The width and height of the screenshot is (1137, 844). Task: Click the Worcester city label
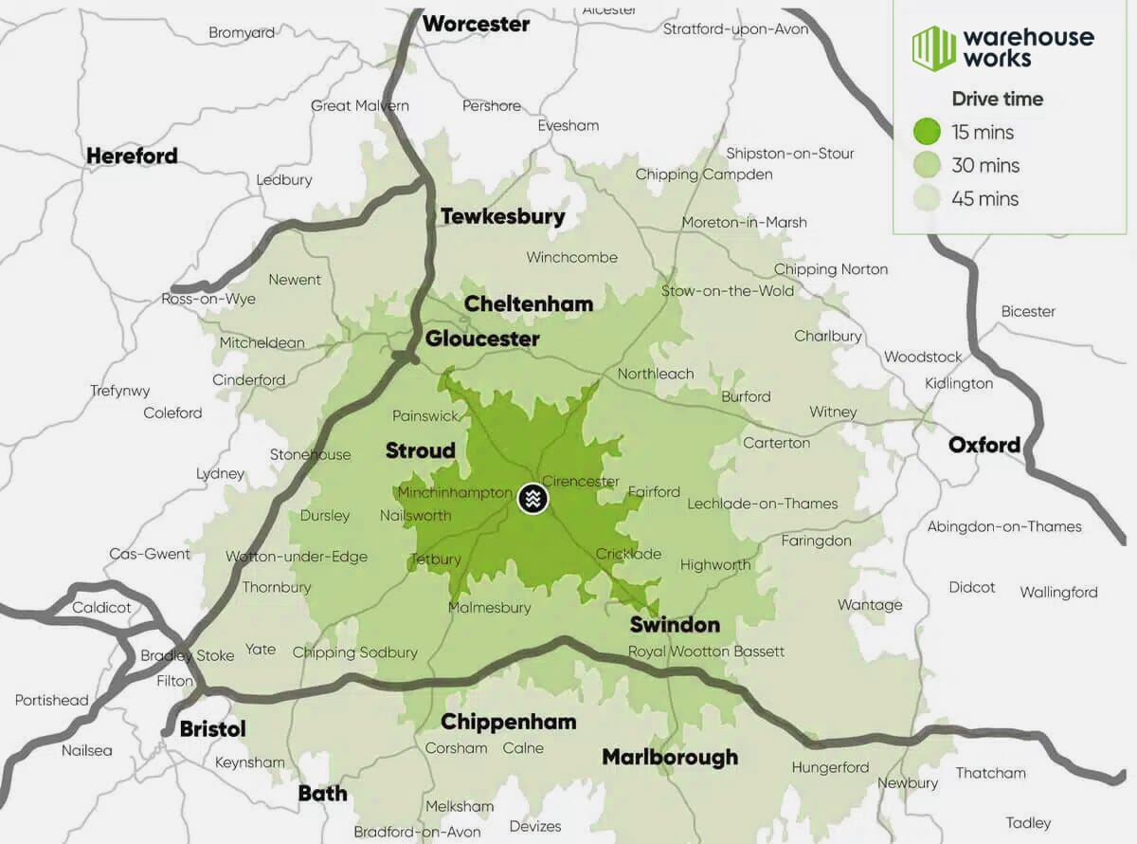click(x=476, y=24)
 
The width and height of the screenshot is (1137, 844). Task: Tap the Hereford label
click(x=132, y=156)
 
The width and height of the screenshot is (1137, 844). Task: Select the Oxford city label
click(x=984, y=445)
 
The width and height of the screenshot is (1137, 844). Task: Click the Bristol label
click(x=212, y=728)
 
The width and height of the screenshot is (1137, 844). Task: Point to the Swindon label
click(x=675, y=624)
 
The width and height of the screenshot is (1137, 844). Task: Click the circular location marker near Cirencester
click(x=533, y=499)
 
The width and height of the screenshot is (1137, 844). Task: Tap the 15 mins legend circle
click(x=927, y=132)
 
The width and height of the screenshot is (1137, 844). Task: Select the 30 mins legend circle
click(x=927, y=165)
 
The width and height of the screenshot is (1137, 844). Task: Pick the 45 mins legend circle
click(x=927, y=198)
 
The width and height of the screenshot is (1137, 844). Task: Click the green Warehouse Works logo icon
click(x=933, y=47)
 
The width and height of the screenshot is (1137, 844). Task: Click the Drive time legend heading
click(x=997, y=99)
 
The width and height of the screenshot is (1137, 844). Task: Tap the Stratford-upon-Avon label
click(x=735, y=28)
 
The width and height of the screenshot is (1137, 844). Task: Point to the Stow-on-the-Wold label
click(x=728, y=290)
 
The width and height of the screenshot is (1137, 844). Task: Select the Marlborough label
click(x=670, y=757)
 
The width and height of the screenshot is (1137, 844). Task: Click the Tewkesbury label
click(x=502, y=216)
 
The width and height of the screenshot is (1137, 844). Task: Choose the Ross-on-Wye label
click(x=208, y=299)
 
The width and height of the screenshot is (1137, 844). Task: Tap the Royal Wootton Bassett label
click(x=707, y=651)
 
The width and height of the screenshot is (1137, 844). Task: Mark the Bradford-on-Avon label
click(x=418, y=832)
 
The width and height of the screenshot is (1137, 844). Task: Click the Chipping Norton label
click(x=831, y=269)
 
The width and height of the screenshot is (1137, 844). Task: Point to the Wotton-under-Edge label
click(x=297, y=557)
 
